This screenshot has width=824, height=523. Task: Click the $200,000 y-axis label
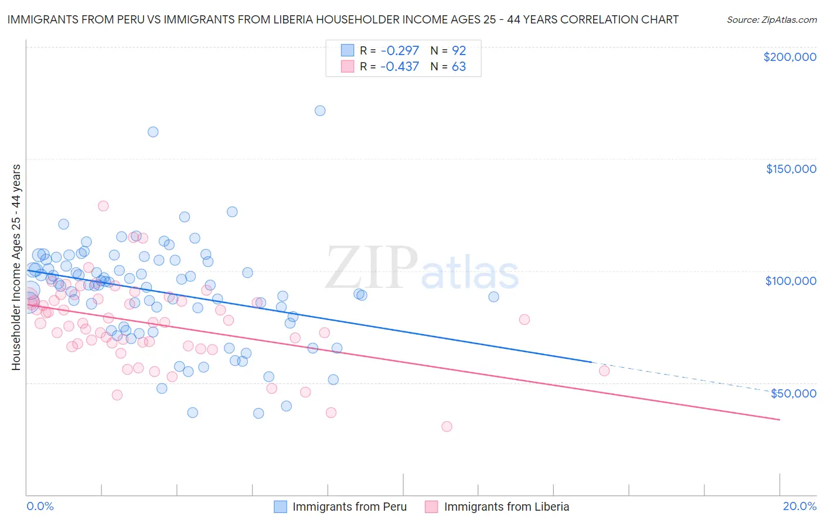[x=789, y=57]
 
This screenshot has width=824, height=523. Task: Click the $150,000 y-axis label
[x=791, y=169]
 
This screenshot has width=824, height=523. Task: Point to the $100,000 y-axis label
[x=791, y=281]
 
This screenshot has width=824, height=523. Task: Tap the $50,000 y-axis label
[x=793, y=393]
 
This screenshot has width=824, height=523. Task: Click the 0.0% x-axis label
[x=40, y=506]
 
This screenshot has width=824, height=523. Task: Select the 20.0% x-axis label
[x=799, y=506]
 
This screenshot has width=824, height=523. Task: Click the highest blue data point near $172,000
[x=320, y=111]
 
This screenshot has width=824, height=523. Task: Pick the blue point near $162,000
[x=153, y=132]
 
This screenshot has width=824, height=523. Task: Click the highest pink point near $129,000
[x=103, y=206]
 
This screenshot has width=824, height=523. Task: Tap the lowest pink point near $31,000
[x=447, y=427]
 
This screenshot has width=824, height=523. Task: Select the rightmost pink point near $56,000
[x=604, y=371]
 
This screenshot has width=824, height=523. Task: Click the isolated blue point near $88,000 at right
[x=493, y=297]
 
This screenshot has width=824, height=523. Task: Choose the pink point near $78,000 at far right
[x=525, y=320]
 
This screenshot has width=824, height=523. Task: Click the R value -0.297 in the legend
[x=399, y=50]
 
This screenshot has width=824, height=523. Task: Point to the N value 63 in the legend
[x=458, y=67]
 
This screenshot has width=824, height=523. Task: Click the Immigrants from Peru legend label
[x=349, y=507]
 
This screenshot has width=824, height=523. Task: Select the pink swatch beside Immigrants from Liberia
[x=431, y=507]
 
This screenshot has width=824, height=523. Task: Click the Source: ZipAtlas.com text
[x=771, y=19]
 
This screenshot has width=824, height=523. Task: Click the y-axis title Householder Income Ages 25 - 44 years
[x=16, y=267]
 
